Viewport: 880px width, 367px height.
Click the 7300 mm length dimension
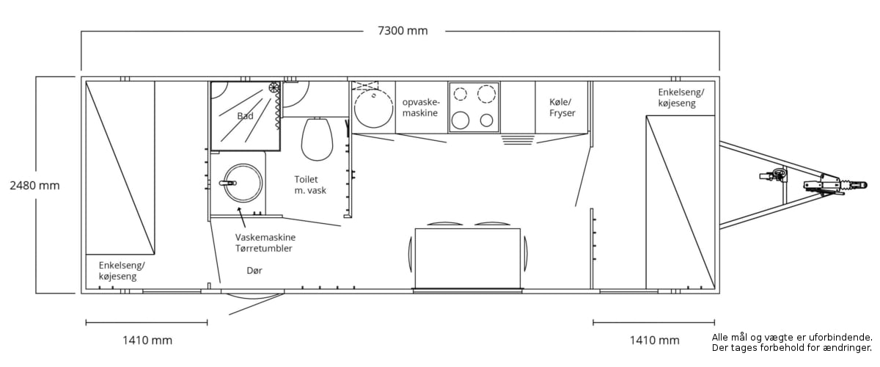(x=403, y=31)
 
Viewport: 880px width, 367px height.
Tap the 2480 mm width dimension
(x=34, y=185)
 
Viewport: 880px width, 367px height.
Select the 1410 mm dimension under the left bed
(x=147, y=341)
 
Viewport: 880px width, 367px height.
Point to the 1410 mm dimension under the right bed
(x=654, y=341)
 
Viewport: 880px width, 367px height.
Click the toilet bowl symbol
(x=317, y=139)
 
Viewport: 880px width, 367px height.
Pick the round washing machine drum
(x=243, y=183)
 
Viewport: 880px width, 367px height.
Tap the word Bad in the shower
(x=245, y=116)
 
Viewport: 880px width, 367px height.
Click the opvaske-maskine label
(x=421, y=107)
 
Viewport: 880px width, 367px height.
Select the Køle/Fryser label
(x=562, y=107)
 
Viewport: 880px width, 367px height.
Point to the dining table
(x=468, y=258)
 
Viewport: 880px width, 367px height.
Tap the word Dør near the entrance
(x=254, y=271)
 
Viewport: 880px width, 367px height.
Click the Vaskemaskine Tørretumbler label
(x=265, y=243)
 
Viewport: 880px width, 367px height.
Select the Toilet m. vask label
(x=310, y=185)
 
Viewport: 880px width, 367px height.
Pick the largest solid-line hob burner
(x=460, y=120)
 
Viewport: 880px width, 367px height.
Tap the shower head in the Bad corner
(x=274, y=87)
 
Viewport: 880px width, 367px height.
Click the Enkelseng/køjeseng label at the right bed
(x=681, y=98)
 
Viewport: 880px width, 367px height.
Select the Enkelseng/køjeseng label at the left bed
(x=122, y=271)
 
